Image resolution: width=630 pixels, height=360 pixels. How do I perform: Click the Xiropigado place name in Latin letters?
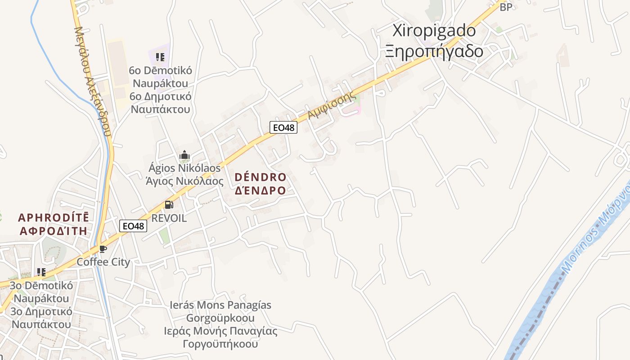point(434,31)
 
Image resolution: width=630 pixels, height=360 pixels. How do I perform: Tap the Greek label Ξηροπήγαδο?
point(434,51)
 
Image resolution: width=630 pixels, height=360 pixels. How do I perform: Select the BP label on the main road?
point(506,7)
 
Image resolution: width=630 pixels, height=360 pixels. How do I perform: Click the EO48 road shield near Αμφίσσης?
point(284,127)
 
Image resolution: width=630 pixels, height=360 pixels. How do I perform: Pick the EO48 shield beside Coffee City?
point(134,226)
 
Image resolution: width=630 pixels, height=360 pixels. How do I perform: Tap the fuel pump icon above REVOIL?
point(169,205)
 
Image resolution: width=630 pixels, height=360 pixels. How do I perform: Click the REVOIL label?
point(169,218)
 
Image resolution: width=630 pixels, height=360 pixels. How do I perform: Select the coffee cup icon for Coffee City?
point(103,249)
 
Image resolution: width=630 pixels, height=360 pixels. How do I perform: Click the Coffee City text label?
point(103,262)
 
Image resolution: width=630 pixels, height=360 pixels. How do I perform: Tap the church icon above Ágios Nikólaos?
point(184,155)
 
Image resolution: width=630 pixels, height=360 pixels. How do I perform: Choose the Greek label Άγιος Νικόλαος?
point(184,181)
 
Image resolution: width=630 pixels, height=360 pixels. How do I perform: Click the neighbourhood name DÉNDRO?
point(260,177)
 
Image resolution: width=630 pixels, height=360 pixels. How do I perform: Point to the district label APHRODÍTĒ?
point(53,218)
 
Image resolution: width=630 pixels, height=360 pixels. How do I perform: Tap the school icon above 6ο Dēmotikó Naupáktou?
point(160,57)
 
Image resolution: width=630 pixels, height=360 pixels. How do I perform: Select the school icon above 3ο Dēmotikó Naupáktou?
point(41,272)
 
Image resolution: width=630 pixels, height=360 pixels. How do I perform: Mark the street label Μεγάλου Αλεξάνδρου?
point(92,81)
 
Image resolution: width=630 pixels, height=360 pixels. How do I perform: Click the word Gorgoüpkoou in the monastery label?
point(220,318)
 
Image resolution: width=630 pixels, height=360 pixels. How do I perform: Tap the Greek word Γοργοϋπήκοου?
point(220,344)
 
